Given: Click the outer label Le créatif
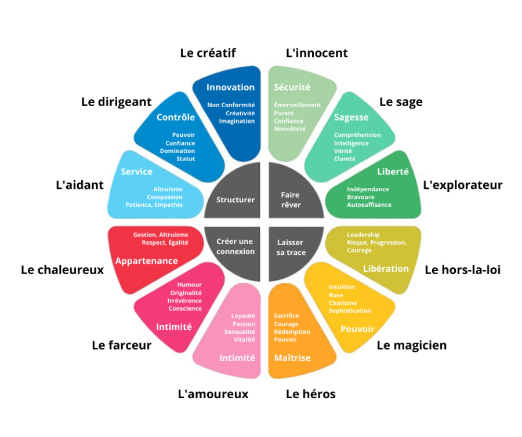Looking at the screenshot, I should coord(208,53).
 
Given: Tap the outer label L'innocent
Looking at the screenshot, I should coord(317,53).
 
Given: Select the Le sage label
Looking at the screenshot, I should coord(401,102).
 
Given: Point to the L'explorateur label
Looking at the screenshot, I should coord(462,185).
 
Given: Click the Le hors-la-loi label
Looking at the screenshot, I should coord(462,270).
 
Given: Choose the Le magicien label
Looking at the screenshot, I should coord(412,345).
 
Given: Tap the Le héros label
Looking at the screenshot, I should coord(310,394).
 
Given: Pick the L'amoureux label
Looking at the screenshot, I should coord(213,394).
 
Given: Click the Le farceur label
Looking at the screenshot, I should coord(121,345).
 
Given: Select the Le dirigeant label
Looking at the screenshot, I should coord(116,102).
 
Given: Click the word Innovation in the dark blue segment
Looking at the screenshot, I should coord(230,87).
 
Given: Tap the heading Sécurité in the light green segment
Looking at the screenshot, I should coord(292,88).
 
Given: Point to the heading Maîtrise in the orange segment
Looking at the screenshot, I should coord(292,358).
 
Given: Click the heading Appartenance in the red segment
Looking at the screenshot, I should coord(146,261).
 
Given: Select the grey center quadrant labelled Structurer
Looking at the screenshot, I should coord(235,199).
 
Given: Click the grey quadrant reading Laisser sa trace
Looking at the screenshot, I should coord(290,247).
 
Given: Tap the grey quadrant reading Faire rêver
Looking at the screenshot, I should coord(291,199).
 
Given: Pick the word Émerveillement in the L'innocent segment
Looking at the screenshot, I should coord(297,105).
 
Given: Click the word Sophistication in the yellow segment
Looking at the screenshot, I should coord(349,311).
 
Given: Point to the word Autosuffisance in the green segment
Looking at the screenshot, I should coord(369,205).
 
